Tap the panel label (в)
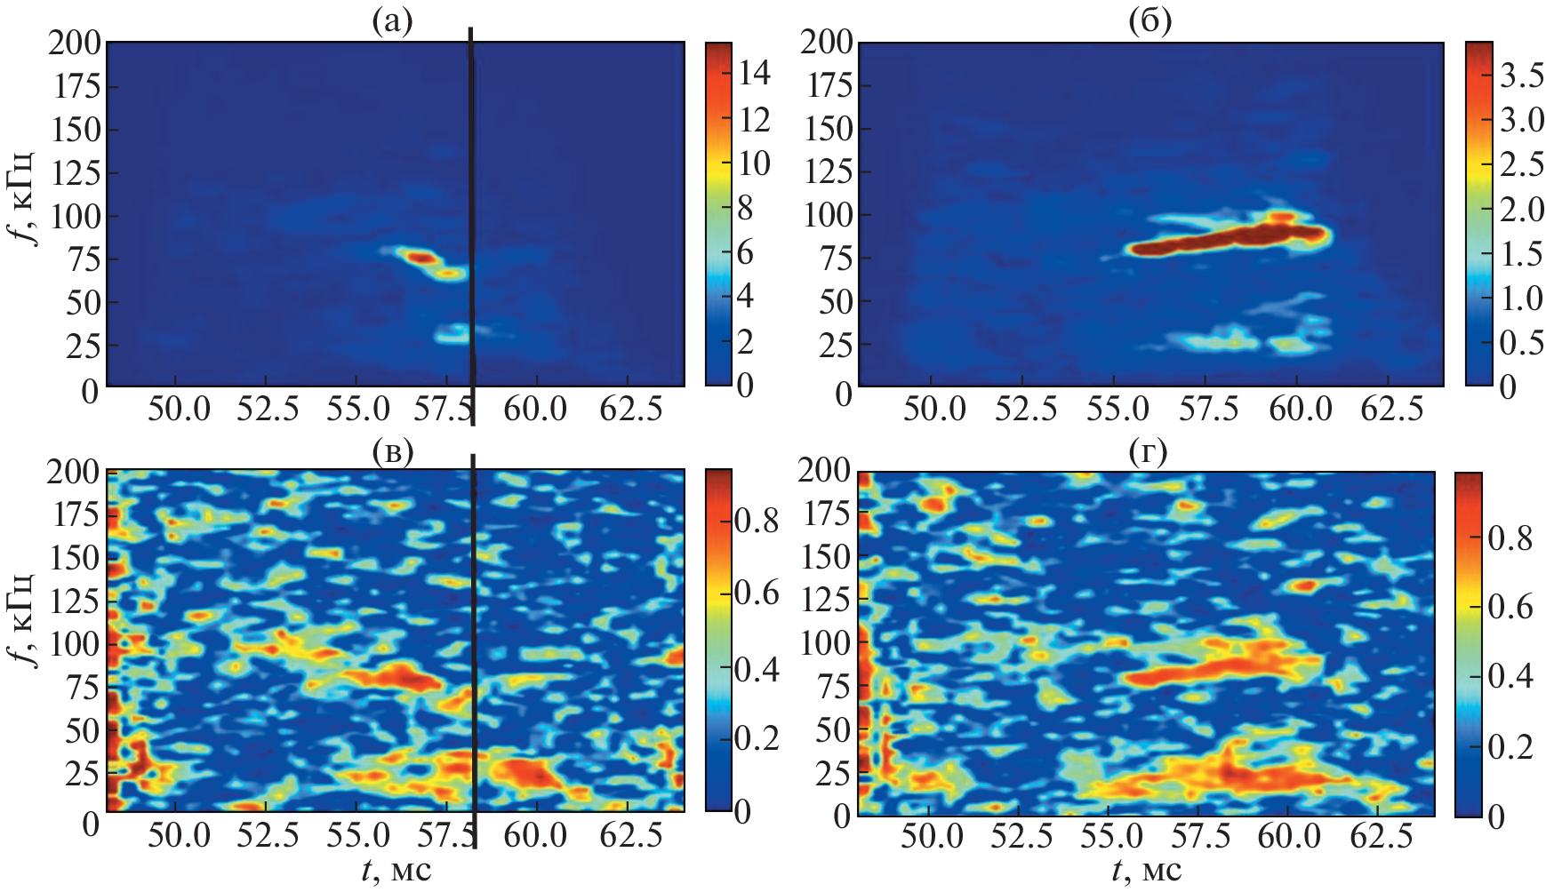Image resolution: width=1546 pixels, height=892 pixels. (x=392, y=452)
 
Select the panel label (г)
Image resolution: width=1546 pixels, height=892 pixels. (x=1148, y=452)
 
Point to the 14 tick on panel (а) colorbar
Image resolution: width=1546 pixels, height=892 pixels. (x=755, y=74)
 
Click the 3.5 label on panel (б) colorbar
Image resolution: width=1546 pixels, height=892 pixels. (x=1522, y=77)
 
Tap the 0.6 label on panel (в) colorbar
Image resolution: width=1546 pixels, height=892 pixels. (x=757, y=593)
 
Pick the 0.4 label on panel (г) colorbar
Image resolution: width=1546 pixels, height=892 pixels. (x=1510, y=677)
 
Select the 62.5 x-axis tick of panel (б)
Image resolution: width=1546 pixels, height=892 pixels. (x=1392, y=410)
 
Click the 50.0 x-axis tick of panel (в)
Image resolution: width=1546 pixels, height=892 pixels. (x=180, y=836)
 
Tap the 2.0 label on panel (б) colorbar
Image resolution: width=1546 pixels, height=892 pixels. (x=1522, y=211)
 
